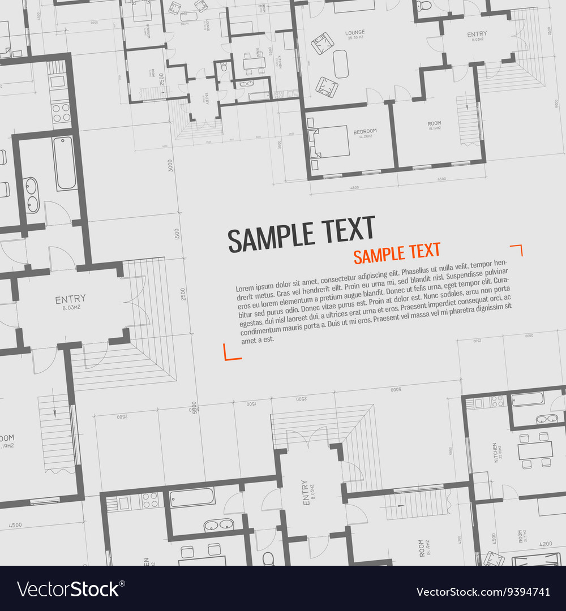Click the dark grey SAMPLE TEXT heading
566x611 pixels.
pos(301,234)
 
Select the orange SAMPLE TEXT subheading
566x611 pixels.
pos(397,253)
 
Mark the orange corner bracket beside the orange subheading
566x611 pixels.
pos(516,249)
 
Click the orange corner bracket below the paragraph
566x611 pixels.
pos(232,352)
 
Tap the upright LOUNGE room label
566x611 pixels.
pos(355,32)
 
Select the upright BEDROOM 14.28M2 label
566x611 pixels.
pos(365,133)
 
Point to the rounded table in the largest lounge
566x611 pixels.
pos(340,63)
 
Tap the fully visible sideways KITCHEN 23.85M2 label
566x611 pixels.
pos(496,452)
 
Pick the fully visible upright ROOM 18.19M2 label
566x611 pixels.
pos(434,125)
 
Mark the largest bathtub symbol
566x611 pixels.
pos(65,163)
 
